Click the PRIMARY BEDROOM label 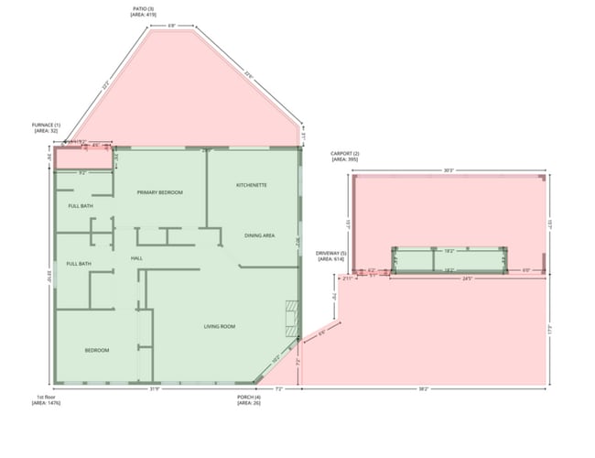pos(160,192)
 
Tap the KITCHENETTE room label pos(251,185)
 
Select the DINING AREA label pos(260,235)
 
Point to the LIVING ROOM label pos(220,326)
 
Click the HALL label pos(136,258)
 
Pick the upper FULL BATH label pos(81,206)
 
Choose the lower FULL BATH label pos(78,264)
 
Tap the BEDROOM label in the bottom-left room pos(97,350)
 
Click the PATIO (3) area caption pos(144,12)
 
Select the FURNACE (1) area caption pos(46,127)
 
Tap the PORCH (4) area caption pos(248,400)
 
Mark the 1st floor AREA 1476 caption pos(46,400)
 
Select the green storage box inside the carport pos(449,259)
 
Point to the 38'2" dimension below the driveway pos(423,389)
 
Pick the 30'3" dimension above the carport pos(449,170)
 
